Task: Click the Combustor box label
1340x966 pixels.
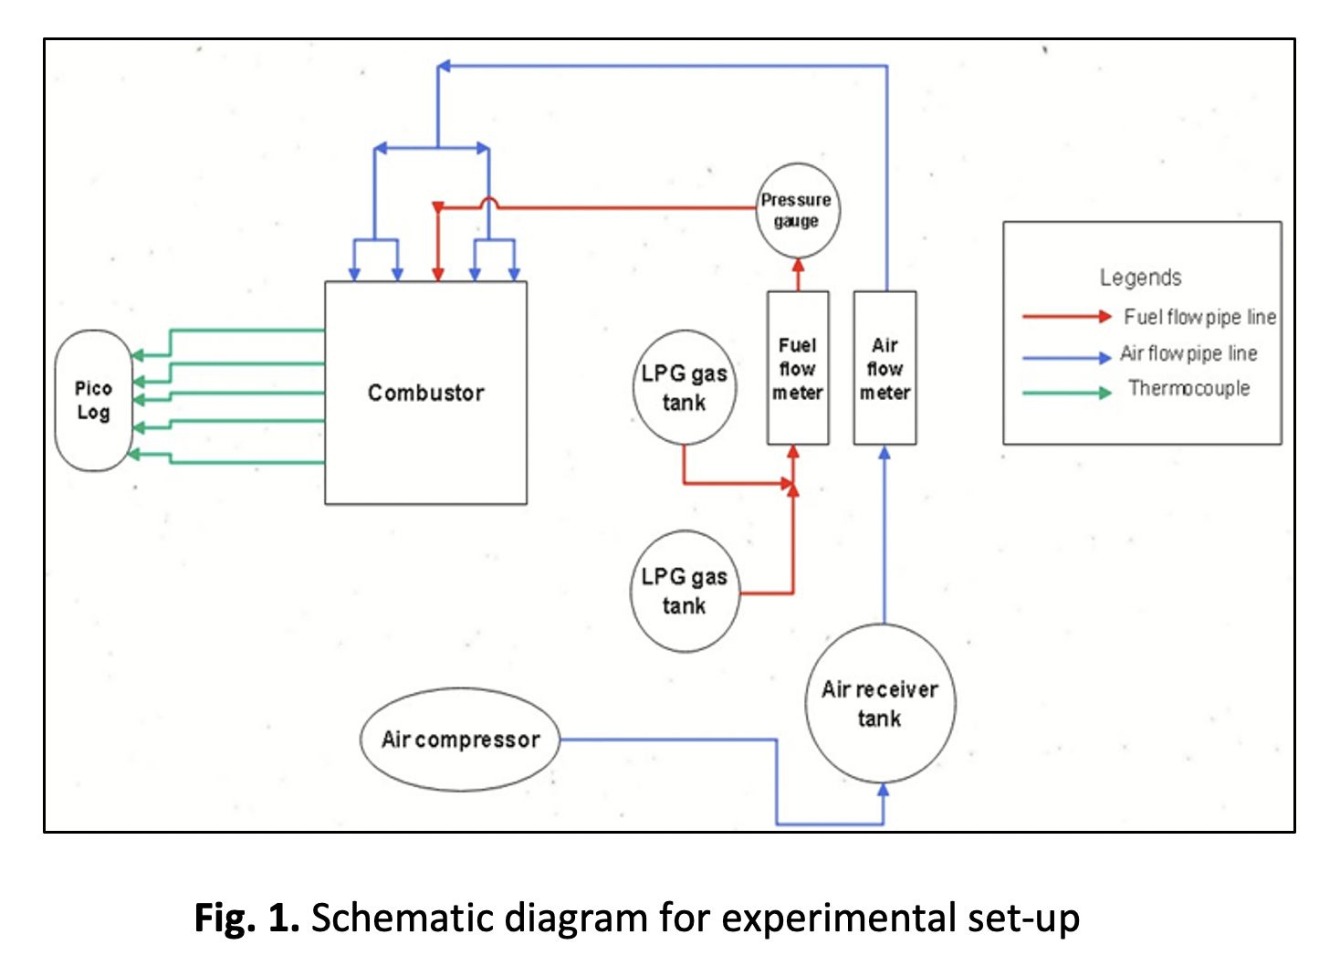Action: coord(425,393)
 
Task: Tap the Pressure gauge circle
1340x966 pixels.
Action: coord(798,211)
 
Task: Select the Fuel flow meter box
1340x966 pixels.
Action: coord(798,368)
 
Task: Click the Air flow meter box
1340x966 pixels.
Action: coord(885,368)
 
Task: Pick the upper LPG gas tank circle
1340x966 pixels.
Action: coord(684,388)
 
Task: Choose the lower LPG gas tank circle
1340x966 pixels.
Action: coord(684,591)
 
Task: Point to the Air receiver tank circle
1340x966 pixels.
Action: coord(880,703)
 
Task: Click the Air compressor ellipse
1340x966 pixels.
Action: coord(460,739)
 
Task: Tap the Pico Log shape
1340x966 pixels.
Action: coord(93,400)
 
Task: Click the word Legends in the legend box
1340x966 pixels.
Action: coord(1140,278)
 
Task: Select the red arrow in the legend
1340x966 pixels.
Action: coord(1066,317)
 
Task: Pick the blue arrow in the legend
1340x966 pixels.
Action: coord(1066,358)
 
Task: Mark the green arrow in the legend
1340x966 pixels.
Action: coord(1066,393)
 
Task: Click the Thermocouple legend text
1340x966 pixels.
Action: coord(1188,388)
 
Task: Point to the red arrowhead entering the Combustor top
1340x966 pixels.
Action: coord(438,273)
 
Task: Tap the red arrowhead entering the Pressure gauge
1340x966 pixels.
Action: coord(798,265)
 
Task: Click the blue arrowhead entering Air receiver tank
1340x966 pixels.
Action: coord(883,791)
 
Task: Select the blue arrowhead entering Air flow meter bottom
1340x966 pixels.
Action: coord(884,453)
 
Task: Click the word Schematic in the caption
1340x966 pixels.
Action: coord(390,917)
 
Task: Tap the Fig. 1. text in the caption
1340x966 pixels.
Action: coord(246,917)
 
